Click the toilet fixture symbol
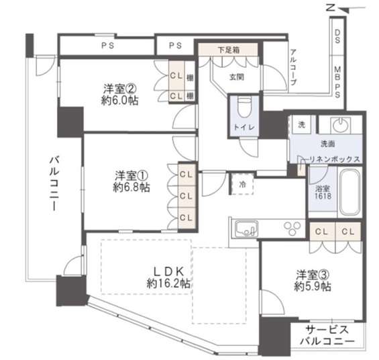244,107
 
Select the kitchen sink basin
247,229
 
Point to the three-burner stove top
292,228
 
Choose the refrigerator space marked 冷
242,184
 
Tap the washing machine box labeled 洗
301,125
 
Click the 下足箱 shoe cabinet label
229,50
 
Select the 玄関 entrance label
236,77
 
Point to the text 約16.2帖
168,283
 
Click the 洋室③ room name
313,275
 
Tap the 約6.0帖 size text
119,100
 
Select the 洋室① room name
131,175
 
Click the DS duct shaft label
337,36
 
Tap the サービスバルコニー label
327,335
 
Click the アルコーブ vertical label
293,67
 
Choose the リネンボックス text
334,159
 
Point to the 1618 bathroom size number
323,196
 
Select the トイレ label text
244,127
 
